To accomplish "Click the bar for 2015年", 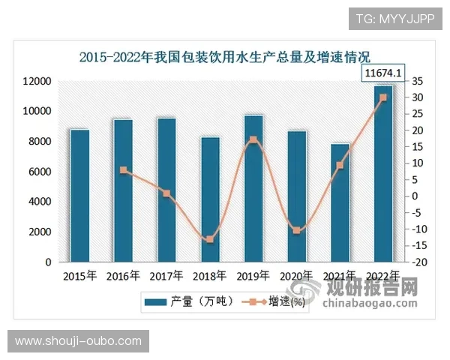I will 80,196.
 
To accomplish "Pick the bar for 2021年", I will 340,202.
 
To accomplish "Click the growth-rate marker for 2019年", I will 253,140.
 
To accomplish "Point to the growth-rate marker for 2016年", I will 123,170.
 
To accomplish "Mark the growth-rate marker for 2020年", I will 297,230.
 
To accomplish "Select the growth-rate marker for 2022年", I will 383,97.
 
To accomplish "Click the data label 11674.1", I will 383,73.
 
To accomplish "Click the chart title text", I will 225,55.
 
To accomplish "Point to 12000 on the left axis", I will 35,81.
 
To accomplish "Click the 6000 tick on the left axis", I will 40,172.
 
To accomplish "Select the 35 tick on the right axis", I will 417,81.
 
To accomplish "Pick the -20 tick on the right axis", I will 419,262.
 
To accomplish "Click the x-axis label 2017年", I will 167,276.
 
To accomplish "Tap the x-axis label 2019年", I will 253,276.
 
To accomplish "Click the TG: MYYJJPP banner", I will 394,18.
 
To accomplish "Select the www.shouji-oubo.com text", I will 78,341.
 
